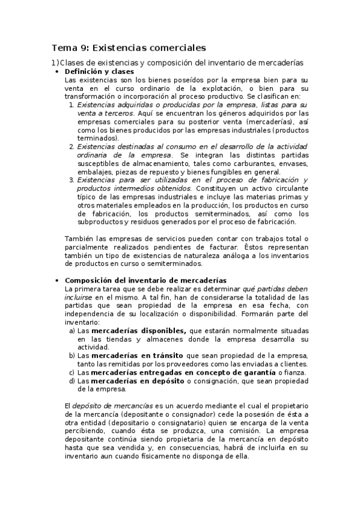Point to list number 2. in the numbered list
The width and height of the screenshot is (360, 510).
coord(72,147)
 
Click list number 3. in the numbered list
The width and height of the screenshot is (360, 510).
coord(72,180)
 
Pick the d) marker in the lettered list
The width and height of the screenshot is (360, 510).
coord(72,381)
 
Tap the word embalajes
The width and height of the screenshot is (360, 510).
coord(96,172)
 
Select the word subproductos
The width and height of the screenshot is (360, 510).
coord(102,223)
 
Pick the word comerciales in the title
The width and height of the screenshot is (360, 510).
coord(176,47)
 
